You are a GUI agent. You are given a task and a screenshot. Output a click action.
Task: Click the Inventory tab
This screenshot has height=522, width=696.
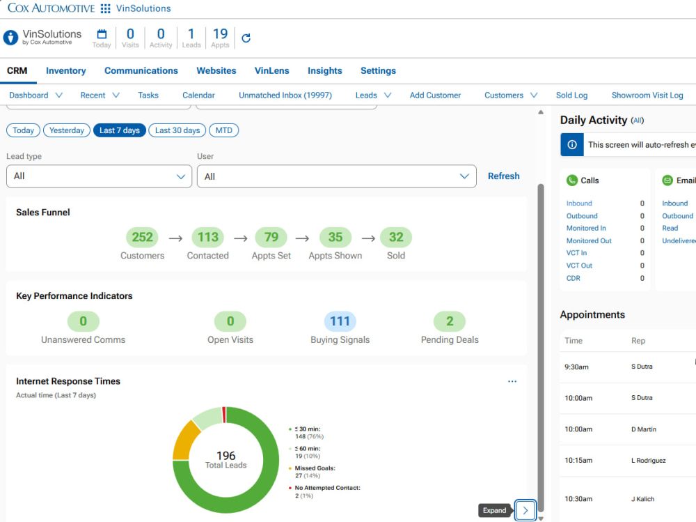[x=65, y=70]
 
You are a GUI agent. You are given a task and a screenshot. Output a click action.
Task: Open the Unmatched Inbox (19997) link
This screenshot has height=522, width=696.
[x=285, y=95]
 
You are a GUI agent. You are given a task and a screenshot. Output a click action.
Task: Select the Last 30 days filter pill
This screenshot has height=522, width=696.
[x=177, y=130]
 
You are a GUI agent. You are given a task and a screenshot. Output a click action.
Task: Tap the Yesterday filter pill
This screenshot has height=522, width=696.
[x=67, y=130]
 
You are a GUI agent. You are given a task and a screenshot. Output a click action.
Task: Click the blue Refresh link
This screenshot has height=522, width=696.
[x=503, y=176]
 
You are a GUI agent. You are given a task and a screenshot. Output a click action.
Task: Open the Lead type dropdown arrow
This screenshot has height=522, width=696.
[x=181, y=176]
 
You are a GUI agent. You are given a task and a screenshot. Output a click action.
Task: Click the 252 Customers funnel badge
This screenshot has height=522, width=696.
[x=142, y=237]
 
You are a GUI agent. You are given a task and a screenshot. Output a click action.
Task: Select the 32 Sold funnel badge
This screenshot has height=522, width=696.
[x=396, y=237]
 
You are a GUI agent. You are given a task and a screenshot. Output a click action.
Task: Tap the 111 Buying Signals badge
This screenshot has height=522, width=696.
[x=340, y=321]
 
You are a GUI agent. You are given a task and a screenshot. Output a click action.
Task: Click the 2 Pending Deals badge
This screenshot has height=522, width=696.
[x=450, y=321]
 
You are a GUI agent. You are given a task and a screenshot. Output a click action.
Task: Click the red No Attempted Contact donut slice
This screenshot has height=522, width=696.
[x=224, y=415]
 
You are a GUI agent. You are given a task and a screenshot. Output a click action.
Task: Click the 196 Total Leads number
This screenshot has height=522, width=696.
[x=226, y=456]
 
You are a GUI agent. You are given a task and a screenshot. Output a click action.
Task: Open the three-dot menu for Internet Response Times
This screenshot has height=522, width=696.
[x=512, y=381]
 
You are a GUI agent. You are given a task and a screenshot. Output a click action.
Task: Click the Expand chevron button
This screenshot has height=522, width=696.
[x=525, y=510]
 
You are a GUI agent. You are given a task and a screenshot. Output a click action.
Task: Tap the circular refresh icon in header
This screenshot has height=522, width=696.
[x=246, y=38]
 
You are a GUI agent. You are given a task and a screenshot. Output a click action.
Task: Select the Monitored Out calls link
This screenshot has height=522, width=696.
[x=589, y=240]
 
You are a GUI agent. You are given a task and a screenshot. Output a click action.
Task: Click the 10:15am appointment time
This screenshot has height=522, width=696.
[x=578, y=460]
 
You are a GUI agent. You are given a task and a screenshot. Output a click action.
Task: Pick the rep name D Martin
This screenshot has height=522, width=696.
[x=644, y=429]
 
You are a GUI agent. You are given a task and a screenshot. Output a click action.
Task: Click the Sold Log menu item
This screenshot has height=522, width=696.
[x=571, y=95]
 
